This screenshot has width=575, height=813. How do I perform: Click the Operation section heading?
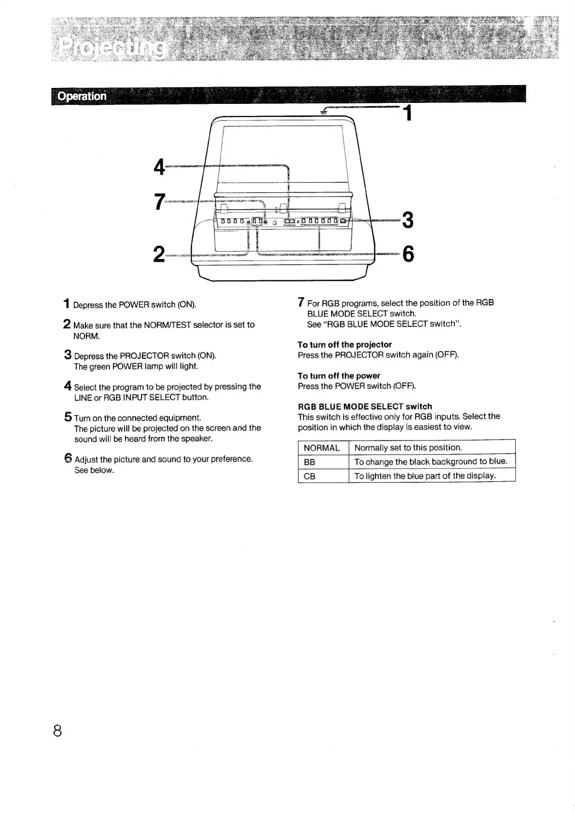(x=82, y=96)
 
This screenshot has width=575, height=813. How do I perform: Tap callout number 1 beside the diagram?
(x=408, y=114)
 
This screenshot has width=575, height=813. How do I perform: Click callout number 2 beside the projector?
(x=158, y=254)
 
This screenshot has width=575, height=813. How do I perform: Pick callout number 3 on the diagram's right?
(x=408, y=220)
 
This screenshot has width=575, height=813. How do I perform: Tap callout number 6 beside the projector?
(x=408, y=254)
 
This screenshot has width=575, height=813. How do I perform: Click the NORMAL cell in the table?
(x=322, y=448)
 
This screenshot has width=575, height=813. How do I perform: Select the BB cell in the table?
(x=309, y=462)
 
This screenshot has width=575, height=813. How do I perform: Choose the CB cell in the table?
(x=309, y=476)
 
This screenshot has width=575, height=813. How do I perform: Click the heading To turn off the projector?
(x=344, y=344)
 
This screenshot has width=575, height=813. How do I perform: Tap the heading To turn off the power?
(x=338, y=376)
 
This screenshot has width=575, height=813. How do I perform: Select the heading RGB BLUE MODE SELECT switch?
(x=365, y=406)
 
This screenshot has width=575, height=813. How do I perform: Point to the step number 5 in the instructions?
(x=68, y=417)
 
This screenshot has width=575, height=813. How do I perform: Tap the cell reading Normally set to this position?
(x=408, y=448)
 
